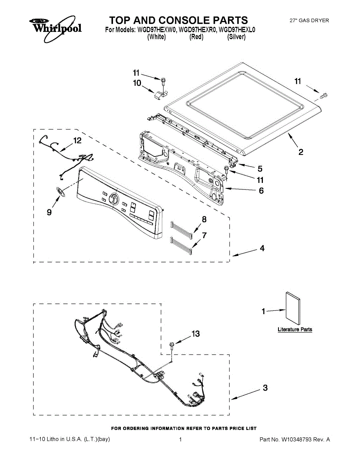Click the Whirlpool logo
tap(55, 28)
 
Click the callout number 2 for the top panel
tap(301, 152)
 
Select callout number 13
tap(195, 334)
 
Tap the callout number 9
tap(49, 212)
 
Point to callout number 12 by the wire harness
tap(78, 141)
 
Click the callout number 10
tap(137, 83)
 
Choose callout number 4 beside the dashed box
tap(262, 248)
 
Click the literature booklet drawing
tap(293, 309)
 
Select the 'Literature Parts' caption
tap(295, 329)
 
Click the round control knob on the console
tap(114, 199)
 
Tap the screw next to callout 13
tap(171, 344)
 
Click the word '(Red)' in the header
tap(196, 37)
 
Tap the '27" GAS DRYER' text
tap(310, 20)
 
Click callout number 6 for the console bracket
tap(261, 191)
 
